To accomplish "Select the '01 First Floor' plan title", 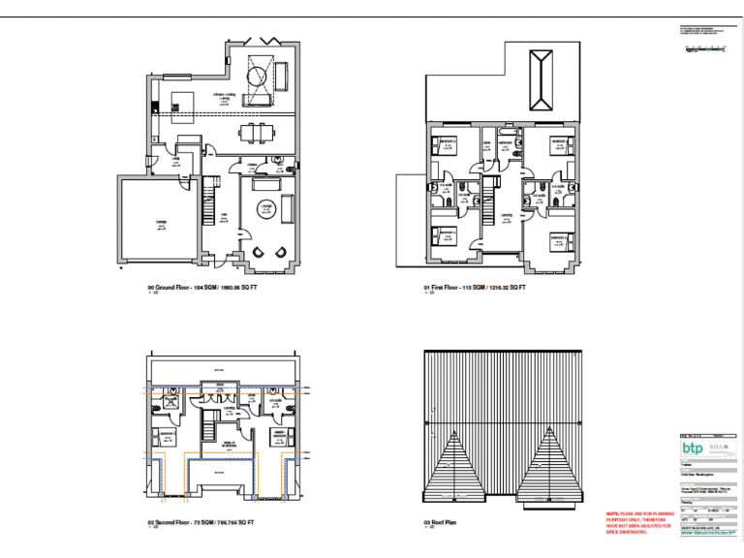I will [x=469, y=289].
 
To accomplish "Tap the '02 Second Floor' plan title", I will [x=201, y=522].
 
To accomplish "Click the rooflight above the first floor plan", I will [x=541, y=82].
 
